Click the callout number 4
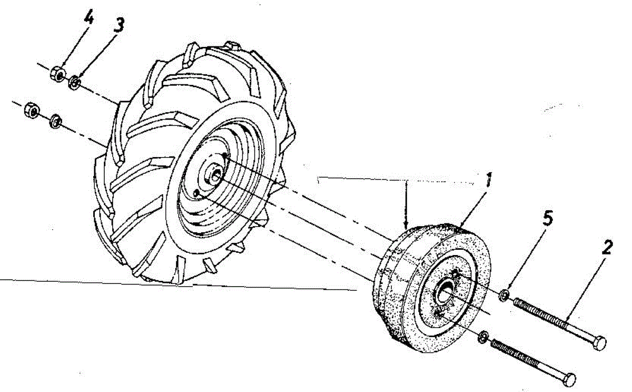pyautogui.click(x=90, y=19)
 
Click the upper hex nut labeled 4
pyautogui.click(x=58, y=74)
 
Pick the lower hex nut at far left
pyautogui.click(x=31, y=111)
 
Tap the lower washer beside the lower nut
pyautogui.click(x=54, y=122)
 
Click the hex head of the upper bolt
pyautogui.click(x=599, y=343)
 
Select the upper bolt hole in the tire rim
pyautogui.click(x=225, y=155)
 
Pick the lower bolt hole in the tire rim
pyautogui.click(x=197, y=193)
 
